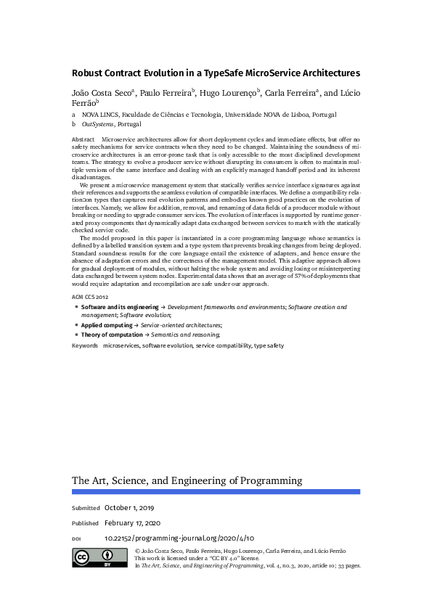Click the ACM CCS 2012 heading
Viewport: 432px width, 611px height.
[89, 298]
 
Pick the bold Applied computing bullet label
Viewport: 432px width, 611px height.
[107, 326]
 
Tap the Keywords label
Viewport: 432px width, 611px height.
[84, 346]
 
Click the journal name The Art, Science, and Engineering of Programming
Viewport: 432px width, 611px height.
[187, 480]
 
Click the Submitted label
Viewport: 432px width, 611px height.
[86, 508]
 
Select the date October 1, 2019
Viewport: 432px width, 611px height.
[129, 508]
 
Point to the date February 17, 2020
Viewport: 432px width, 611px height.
[132, 523]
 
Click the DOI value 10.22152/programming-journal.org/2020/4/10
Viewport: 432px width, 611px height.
[179, 539]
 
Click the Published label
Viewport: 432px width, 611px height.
[85, 523]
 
